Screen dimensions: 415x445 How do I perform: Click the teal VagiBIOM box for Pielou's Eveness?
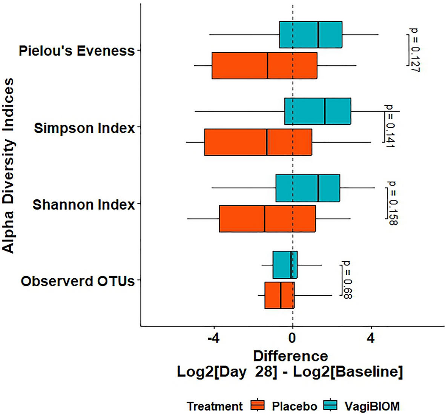310,35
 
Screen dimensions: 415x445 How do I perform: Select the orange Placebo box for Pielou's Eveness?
264,66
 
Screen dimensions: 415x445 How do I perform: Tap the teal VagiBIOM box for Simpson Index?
318,111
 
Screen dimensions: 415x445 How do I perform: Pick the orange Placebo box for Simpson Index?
258,142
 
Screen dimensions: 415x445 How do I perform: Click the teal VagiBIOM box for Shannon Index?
307,188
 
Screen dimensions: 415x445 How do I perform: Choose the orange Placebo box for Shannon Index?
267,219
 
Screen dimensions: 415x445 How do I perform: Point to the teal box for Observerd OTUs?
285,265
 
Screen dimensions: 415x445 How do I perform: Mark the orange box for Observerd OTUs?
279,295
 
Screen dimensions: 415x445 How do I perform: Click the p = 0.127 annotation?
414,50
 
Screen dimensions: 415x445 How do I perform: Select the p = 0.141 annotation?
389,127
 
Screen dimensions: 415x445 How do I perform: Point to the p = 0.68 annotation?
346,280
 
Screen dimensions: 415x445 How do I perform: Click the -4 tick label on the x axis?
213,339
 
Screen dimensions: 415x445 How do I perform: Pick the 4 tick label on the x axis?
371,339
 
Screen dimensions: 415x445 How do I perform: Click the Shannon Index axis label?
83,205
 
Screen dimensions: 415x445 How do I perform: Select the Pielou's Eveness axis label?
77,51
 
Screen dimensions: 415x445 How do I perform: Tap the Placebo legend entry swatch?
258,406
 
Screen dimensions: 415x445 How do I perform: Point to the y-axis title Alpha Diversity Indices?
8,165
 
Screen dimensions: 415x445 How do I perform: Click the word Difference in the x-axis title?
290,356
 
